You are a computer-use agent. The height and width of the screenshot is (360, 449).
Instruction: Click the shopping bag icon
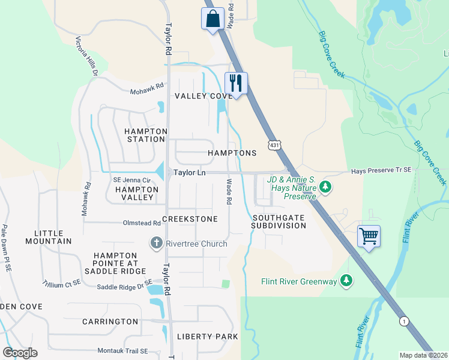pyautogui.click(x=212, y=19)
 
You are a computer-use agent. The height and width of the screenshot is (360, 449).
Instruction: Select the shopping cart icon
pyautogui.click(x=369, y=236)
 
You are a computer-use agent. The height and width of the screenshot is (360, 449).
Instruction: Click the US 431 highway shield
pyautogui.click(x=274, y=145)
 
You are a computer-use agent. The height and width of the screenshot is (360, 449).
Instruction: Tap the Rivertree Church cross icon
pyautogui.click(x=155, y=243)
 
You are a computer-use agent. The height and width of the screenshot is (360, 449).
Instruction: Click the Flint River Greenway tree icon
pyautogui.click(x=346, y=280)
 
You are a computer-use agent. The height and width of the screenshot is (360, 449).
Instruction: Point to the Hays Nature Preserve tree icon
pyautogui.click(x=325, y=188)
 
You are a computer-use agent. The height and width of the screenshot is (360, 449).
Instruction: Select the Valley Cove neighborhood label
pyautogui.click(x=203, y=96)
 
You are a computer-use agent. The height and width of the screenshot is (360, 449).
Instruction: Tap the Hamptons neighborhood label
pyautogui.click(x=232, y=153)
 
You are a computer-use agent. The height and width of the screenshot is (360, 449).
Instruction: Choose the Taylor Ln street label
pyautogui.click(x=190, y=172)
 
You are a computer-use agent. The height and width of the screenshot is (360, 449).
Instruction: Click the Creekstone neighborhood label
pyautogui.click(x=190, y=219)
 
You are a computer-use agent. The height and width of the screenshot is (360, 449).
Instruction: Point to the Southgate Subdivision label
pyautogui.click(x=279, y=221)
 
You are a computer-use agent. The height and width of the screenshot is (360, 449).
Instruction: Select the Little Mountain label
pyautogui.click(x=53, y=237)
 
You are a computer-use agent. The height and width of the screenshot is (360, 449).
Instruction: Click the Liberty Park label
pyautogui.click(x=208, y=337)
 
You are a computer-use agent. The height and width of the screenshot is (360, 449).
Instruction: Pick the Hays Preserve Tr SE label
pyautogui.click(x=381, y=170)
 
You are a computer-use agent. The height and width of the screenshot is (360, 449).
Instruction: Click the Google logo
pyautogui.click(x=20, y=353)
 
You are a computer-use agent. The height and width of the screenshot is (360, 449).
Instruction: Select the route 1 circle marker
pyautogui.click(x=405, y=321)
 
